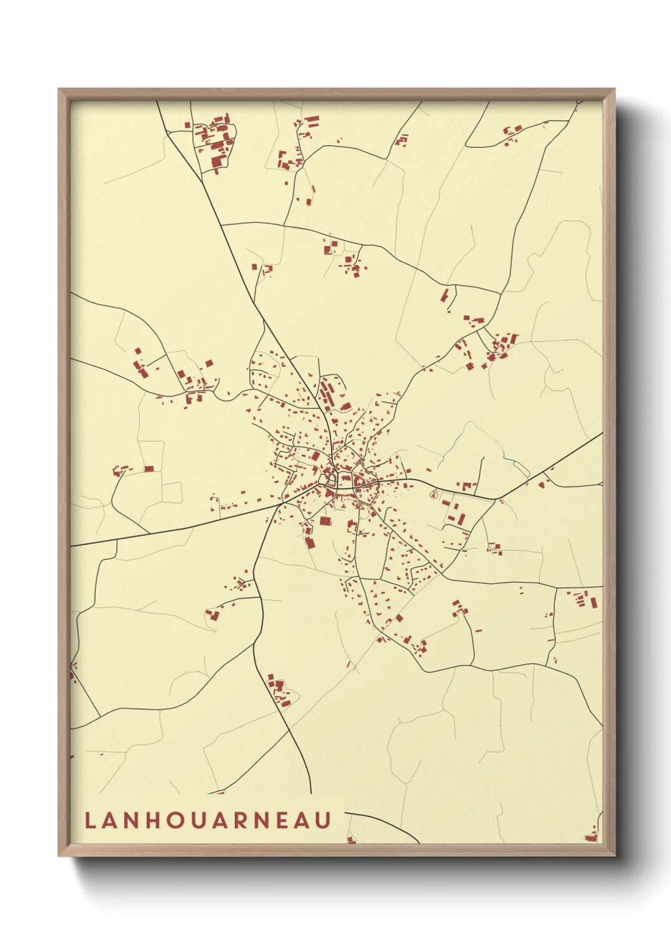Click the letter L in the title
89,820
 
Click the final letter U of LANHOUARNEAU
324,820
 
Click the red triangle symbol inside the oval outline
434,493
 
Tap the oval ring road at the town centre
346,480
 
